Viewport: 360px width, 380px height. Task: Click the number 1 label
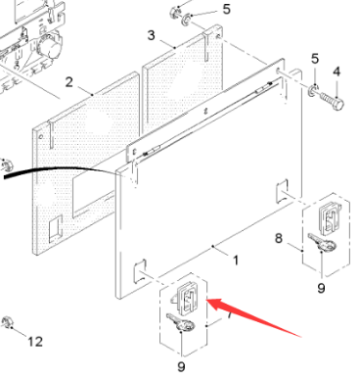point(236,261)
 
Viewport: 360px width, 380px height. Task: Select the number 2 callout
point(68,82)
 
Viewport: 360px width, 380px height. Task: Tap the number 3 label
point(151,35)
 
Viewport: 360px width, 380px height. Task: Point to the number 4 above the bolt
point(337,71)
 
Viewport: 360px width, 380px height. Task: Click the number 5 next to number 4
point(315,59)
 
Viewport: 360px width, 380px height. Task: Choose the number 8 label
point(278,238)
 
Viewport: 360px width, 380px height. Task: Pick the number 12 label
point(35,342)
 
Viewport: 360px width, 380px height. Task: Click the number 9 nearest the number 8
point(321,288)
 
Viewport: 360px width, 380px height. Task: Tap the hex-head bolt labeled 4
point(332,101)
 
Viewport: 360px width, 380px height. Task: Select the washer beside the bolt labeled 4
point(314,90)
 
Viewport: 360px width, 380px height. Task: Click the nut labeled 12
point(6,322)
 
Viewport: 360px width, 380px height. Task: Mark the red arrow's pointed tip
point(206,300)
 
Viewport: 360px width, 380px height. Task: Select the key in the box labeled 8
point(322,242)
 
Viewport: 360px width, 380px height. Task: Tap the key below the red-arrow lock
point(180,322)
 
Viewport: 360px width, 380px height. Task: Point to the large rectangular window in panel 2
point(92,193)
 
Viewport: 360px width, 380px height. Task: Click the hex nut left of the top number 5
point(175,12)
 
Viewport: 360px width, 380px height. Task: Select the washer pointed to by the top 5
point(187,19)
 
